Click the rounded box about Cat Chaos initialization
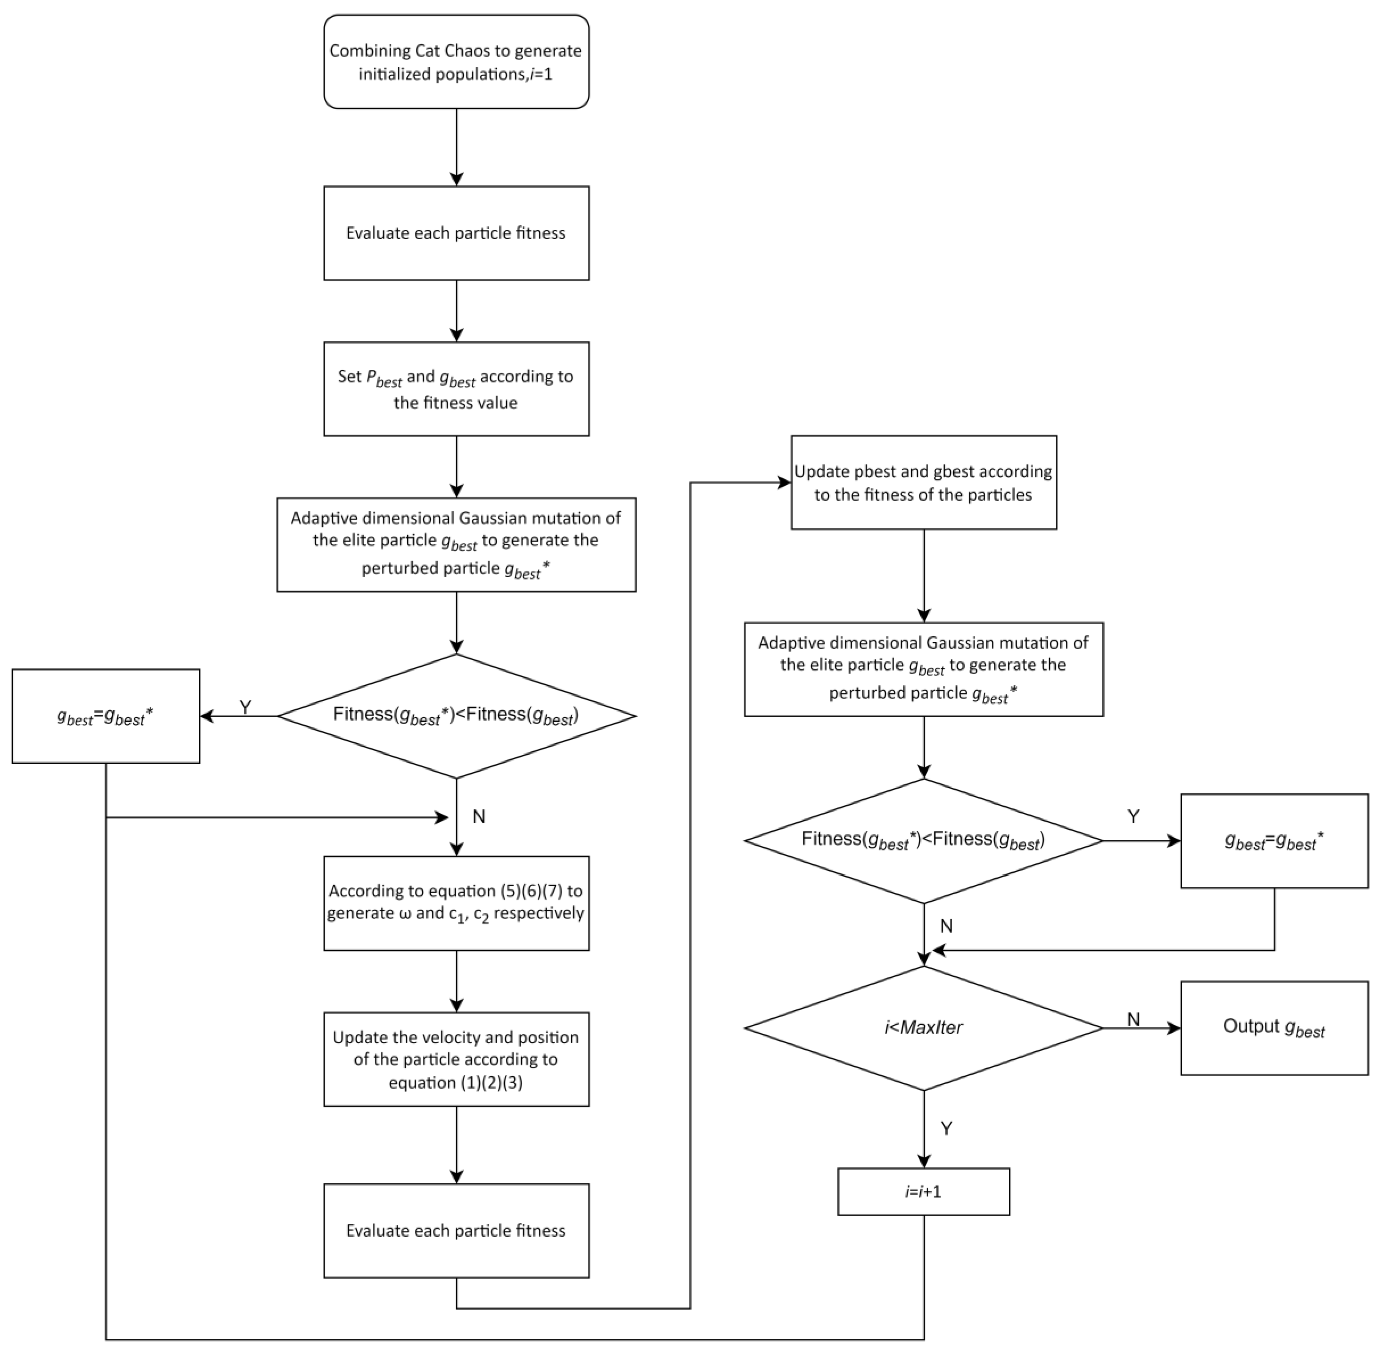click(x=456, y=62)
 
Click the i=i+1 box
click(x=923, y=1192)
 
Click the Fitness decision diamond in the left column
click(x=456, y=716)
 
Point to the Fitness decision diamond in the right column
click(x=923, y=841)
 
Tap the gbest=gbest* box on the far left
click(x=106, y=716)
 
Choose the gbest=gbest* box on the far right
click(x=1274, y=841)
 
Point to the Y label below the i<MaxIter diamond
click(x=946, y=1128)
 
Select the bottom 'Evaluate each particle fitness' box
click(x=456, y=1231)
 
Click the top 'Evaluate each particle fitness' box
click(x=456, y=233)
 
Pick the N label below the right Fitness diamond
click(x=946, y=926)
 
